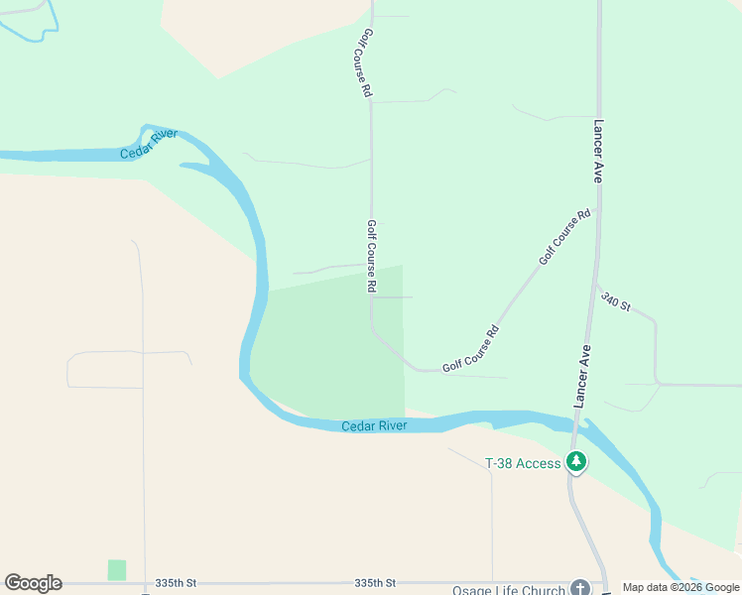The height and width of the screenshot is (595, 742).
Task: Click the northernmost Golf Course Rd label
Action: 366,61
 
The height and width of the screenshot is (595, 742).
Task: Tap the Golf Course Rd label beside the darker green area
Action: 371,256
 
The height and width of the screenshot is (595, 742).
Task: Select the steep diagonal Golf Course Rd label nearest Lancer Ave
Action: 564,236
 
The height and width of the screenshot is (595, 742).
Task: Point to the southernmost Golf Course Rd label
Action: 470,350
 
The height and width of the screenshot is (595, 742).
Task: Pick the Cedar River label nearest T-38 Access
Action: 374,426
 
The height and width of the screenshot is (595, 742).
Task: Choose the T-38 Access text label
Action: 523,463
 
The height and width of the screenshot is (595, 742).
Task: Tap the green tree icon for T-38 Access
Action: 575,462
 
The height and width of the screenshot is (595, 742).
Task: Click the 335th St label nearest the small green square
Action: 177,583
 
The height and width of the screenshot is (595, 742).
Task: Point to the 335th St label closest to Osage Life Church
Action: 375,583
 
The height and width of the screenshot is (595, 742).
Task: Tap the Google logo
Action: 34,583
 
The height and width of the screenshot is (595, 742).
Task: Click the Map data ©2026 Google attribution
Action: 680,587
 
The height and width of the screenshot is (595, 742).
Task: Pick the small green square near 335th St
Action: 117,570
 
